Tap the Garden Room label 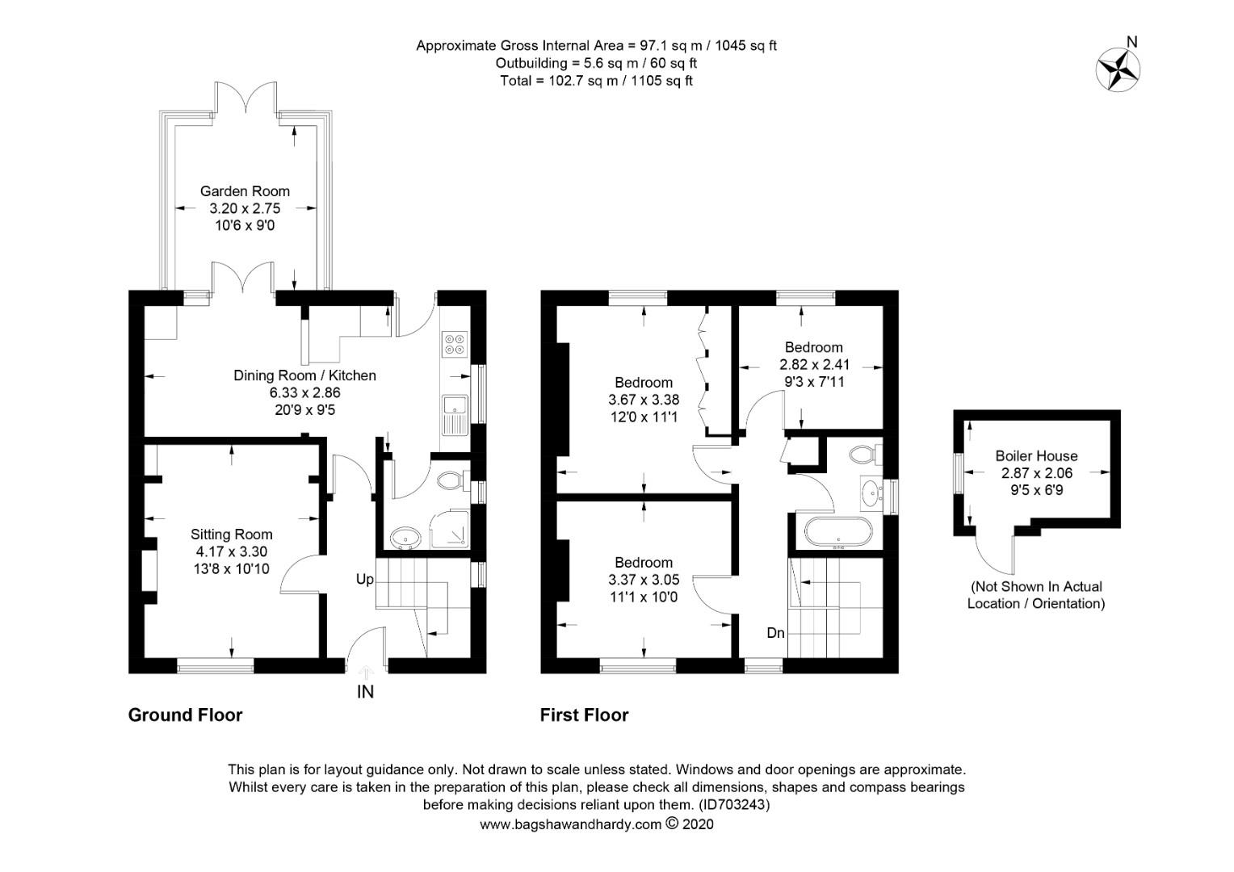click(x=245, y=191)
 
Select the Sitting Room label click(x=232, y=535)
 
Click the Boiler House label click(x=1036, y=456)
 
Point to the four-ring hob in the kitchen click(x=453, y=345)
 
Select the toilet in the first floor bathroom click(x=864, y=454)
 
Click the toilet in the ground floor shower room click(x=449, y=482)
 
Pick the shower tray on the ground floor click(x=451, y=528)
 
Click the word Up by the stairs click(x=365, y=580)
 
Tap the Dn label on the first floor click(x=775, y=633)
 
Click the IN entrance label click(x=366, y=692)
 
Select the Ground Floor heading click(x=185, y=715)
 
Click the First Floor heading click(x=584, y=715)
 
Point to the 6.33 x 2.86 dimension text click(x=304, y=393)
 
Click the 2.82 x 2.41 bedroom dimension click(x=814, y=365)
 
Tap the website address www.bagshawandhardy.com click(x=570, y=824)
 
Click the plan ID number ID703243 click(x=734, y=805)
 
